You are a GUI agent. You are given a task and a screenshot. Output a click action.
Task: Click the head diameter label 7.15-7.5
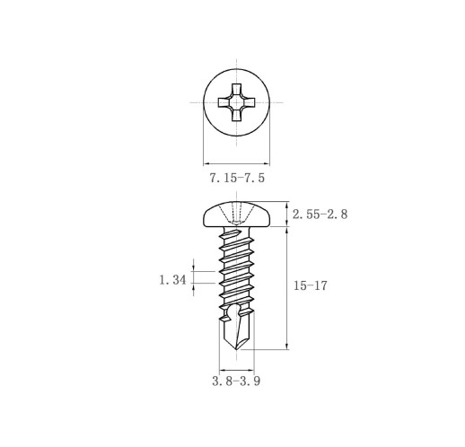(x=237, y=178)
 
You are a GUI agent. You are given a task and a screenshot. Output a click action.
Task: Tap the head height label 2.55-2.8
(x=320, y=215)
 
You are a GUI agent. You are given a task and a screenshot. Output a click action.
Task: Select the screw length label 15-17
(x=310, y=285)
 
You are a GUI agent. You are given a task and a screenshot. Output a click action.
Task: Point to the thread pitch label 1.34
(x=172, y=280)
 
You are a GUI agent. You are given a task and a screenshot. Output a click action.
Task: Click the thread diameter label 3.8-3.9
(x=236, y=381)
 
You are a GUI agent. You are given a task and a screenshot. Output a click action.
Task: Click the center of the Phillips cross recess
(x=236, y=102)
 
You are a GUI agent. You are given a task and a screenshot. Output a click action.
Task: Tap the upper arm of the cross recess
(x=236, y=90)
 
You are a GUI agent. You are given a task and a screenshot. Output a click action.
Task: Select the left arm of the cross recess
(x=224, y=102)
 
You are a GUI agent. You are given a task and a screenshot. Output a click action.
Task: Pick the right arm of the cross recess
(x=250, y=102)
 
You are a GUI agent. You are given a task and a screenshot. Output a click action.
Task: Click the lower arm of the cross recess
(x=236, y=115)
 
